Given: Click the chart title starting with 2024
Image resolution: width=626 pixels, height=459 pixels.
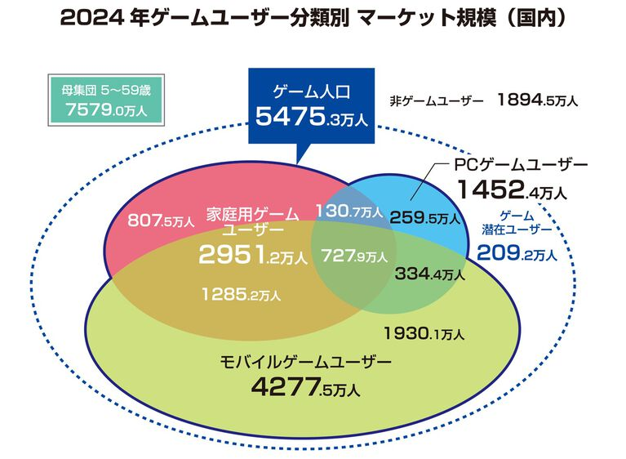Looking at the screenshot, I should [x=313, y=18].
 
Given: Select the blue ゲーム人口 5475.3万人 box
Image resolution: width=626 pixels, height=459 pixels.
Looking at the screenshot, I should [x=313, y=105].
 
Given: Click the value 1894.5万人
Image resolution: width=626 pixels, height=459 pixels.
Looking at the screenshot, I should [x=536, y=101].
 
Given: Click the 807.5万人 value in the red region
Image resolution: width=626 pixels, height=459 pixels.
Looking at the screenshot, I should [x=161, y=221].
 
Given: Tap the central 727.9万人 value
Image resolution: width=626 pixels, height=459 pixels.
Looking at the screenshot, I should [x=353, y=256].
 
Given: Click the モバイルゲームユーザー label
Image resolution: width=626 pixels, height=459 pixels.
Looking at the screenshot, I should [x=305, y=360].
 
